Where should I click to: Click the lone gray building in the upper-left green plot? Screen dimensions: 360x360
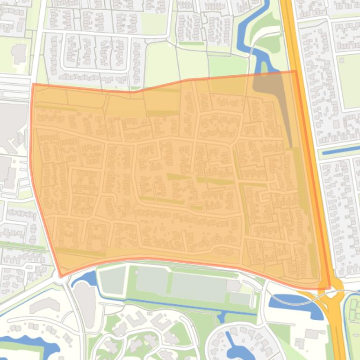(x=19, y=54)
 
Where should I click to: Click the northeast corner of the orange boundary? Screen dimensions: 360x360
(x=295, y=71)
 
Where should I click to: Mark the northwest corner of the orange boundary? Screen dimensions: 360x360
(x=33, y=84)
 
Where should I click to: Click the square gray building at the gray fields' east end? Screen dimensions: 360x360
(x=233, y=285)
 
